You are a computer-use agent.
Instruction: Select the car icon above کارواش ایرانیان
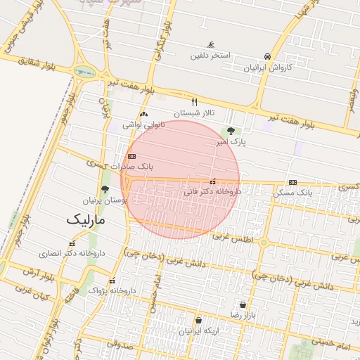click(266, 56)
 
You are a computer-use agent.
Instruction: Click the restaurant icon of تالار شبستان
click(195, 102)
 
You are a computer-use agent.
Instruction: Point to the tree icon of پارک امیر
click(231, 131)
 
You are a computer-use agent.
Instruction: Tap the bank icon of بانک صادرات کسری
click(131, 156)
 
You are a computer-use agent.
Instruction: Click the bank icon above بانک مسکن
click(292, 182)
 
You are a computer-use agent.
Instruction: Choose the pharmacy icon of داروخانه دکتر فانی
click(212, 181)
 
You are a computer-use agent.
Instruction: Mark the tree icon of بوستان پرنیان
click(105, 189)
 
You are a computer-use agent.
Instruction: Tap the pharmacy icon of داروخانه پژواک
click(112, 281)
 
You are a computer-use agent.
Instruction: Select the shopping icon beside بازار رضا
click(243, 305)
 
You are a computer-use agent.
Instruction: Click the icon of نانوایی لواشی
click(144, 114)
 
